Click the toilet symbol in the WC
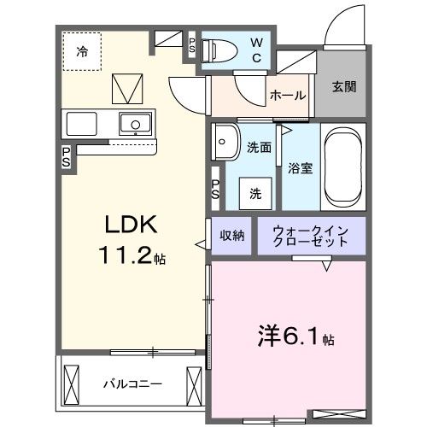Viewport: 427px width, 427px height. pos(219,51)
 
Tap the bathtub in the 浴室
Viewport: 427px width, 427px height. pos(343,167)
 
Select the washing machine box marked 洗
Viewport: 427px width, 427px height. pos(255,194)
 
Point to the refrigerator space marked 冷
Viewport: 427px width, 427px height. pos(82,51)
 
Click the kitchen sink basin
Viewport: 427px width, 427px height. pos(135,124)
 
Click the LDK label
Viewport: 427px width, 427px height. pos(131,225)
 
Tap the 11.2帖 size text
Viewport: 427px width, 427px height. pos(132,255)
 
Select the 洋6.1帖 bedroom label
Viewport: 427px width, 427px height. pos(296,336)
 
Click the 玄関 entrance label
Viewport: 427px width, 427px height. pos(344,86)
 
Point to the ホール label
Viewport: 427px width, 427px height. pos(288,96)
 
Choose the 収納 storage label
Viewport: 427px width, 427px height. pos(231,236)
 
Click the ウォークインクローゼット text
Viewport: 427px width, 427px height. pos(311,236)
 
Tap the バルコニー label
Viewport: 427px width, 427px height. pos(132,384)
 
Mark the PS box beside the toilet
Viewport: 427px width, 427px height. pos(192,45)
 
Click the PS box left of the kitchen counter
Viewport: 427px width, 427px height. pos(67,157)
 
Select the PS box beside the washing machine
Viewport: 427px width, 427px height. pos(215,189)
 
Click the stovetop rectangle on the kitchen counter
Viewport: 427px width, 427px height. pos(81,124)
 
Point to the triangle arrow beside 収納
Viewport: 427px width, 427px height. pos(200,244)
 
